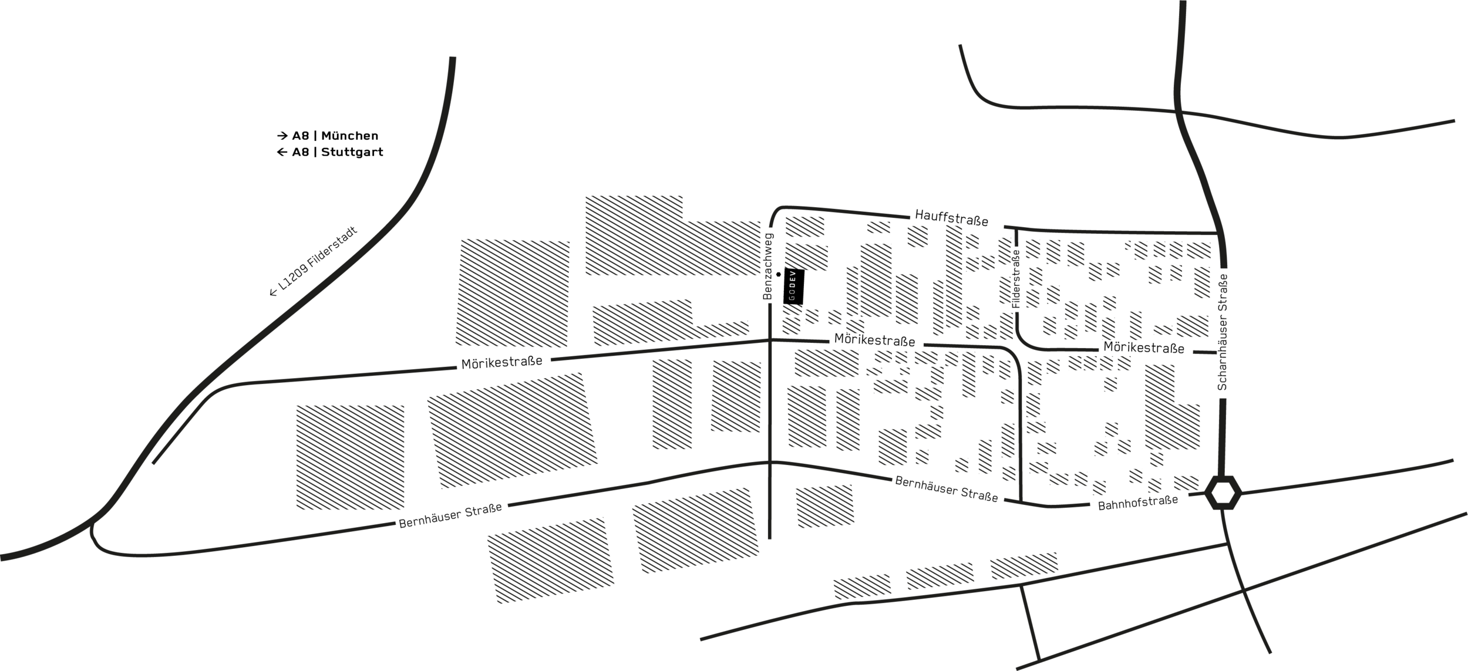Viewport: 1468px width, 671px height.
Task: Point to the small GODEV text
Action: point(792,286)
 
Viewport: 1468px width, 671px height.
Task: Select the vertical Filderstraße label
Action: point(1016,278)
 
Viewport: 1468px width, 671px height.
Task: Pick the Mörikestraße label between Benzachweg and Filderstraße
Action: point(874,340)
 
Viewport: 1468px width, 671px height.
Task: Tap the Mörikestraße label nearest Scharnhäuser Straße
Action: point(1144,348)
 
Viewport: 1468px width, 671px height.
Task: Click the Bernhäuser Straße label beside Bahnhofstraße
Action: point(946,489)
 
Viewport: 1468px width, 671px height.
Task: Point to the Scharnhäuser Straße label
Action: point(1223,332)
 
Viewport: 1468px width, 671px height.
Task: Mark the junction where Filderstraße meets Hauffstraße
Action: point(1016,230)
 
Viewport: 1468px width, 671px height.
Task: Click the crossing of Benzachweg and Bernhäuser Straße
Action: point(769,463)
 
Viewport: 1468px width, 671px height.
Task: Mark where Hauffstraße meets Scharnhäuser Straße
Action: point(1219,234)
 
